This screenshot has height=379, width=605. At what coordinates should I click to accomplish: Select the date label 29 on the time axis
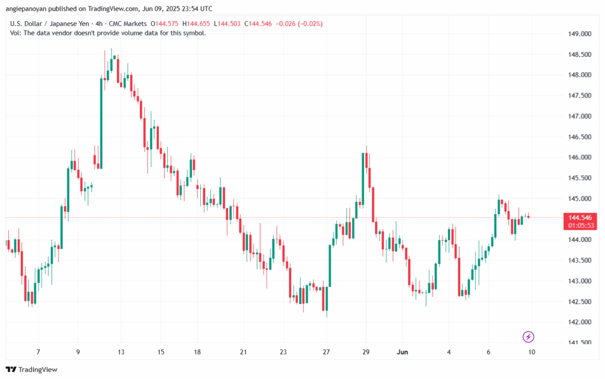[x=366, y=352]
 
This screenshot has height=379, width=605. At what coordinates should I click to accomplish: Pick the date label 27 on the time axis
[x=326, y=352]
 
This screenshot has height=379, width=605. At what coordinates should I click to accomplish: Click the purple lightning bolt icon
[x=529, y=337]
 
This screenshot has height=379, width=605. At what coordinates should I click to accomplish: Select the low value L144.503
[x=230, y=24]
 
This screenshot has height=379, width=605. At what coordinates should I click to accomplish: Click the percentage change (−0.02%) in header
[x=305, y=24]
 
